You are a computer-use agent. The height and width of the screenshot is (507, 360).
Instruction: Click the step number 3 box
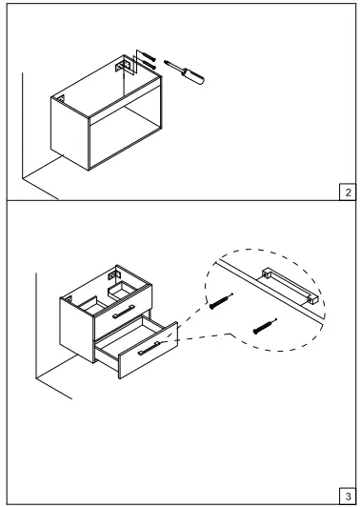point(347,495)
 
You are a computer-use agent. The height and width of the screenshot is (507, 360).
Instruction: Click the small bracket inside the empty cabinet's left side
point(60,99)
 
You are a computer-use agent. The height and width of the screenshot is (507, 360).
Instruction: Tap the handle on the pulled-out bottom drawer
point(150,350)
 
